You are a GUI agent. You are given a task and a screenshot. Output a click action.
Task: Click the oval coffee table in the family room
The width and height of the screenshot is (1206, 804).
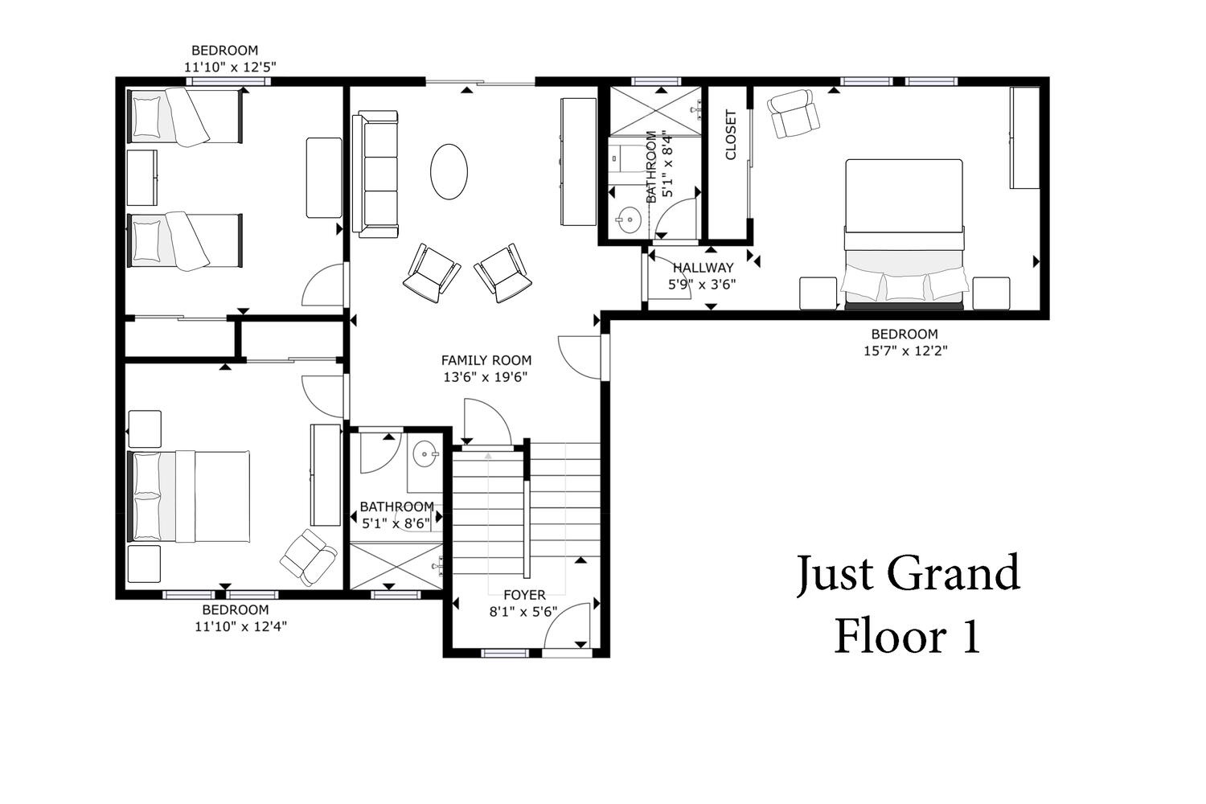tap(449, 172)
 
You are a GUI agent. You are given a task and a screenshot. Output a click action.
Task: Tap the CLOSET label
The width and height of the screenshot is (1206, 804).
tap(731, 135)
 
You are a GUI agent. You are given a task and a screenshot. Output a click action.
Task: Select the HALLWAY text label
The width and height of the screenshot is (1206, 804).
tap(703, 268)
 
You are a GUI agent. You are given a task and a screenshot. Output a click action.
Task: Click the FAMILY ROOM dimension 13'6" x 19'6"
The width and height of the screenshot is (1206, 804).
tap(485, 377)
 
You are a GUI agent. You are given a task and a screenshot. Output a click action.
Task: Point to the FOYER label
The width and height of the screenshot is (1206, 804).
tap(524, 595)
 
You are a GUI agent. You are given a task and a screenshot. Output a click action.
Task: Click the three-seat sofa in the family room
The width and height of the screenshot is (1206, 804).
tap(375, 174)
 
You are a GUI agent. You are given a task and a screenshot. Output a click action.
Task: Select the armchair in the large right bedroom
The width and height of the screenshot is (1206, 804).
tap(793, 113)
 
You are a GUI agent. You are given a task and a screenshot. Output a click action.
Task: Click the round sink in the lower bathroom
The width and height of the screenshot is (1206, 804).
tap(425, 454)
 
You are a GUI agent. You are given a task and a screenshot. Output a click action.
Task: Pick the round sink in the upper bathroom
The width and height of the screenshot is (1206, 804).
tap(627, 219)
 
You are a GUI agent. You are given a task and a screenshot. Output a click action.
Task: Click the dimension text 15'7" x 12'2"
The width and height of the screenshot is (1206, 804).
tap(905, 351)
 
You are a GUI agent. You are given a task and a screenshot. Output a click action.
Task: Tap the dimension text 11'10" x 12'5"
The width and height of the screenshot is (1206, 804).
tap(230, 68)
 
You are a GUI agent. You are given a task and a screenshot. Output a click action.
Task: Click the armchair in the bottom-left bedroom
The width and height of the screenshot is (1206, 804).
tap(309, 557)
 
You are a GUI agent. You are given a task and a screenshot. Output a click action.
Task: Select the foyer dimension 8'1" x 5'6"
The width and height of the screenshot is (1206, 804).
tap(523, 612)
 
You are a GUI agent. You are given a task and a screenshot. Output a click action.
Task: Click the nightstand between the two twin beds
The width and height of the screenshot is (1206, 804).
tap(142, 178)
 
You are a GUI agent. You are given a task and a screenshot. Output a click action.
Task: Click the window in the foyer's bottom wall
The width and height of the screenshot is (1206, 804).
tap(505, 653)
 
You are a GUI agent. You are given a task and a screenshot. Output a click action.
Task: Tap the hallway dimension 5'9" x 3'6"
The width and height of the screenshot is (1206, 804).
tap(702, 285)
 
